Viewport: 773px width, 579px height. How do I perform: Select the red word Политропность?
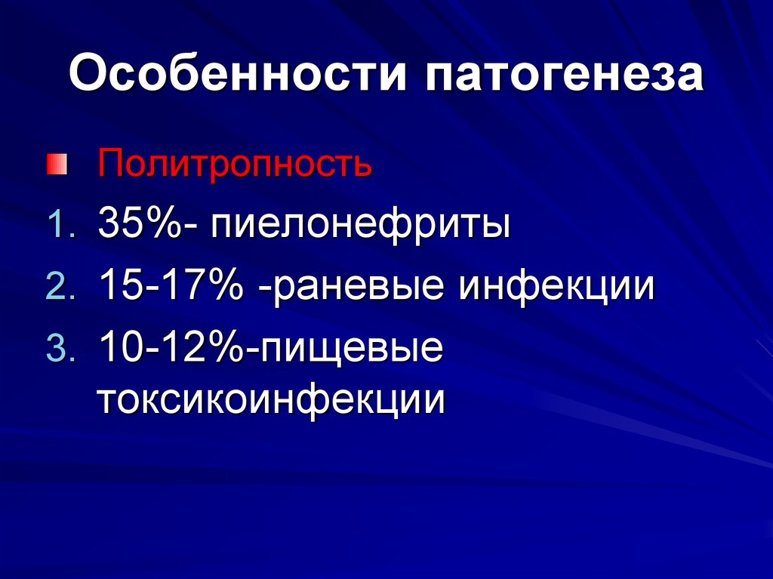[x=234, y=163]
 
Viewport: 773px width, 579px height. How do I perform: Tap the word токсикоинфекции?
[x=271, y=399]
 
